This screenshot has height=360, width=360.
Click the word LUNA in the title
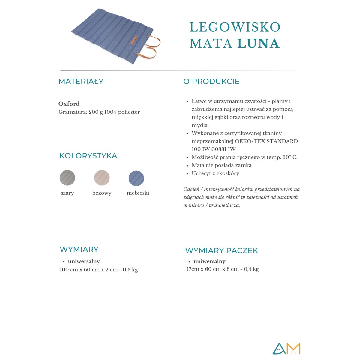tap(258, 43)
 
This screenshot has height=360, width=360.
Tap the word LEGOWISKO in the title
tap(235, 27)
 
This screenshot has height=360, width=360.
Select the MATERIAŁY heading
tap(81, 82)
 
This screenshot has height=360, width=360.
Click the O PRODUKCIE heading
tap(211, 82)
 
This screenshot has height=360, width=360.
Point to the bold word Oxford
tap(69, 104)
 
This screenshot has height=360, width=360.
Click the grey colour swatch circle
tap(67, 178)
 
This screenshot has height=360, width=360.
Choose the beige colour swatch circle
tap(102, 178)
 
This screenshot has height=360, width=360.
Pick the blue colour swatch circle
tap(136, 178)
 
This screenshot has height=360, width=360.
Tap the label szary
tap(67, 193)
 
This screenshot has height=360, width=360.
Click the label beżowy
tap(102, 193)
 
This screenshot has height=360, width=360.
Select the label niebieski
tap(138, 193)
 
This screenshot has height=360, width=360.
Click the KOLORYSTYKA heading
tap(88, 156)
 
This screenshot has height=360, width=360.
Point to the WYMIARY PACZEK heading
tap(221, 250)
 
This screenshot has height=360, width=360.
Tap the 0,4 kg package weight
tap(251, 269)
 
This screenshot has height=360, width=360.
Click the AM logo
tap(286, 349)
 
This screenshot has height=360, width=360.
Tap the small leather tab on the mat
tap(134, 40)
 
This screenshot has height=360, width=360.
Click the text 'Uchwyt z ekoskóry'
tap(215, 173)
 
